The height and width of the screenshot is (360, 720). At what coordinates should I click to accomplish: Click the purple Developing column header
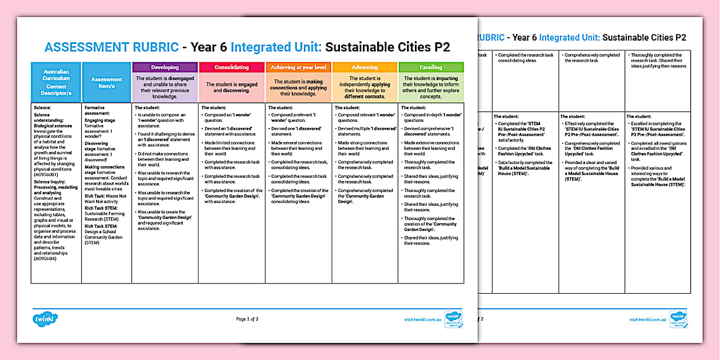(x=165, y=67)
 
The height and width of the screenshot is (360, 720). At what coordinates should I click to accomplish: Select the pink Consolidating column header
(x=231, y=67)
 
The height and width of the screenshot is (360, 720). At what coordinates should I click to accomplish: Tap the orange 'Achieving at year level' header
(x=298, y=67)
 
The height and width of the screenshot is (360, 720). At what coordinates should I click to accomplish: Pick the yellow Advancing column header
(x=365, y=67)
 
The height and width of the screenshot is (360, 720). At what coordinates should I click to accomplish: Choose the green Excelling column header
(x=431, y=67)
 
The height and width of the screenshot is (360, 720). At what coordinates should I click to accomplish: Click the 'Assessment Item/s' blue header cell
(x=107, y=82)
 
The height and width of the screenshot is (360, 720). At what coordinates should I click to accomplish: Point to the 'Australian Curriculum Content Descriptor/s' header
(x=56, y=82)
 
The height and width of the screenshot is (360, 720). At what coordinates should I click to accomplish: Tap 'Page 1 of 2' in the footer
(x=247, y=319)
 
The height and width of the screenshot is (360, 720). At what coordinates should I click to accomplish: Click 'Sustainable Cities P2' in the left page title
(x=387, y=47)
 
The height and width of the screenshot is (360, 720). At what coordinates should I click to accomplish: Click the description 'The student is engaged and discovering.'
(x=231, y=87)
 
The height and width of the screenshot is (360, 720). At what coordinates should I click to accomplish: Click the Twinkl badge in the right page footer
(x=678, y=318)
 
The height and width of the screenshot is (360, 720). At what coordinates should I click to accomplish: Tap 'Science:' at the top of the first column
(x=42, y=107)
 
